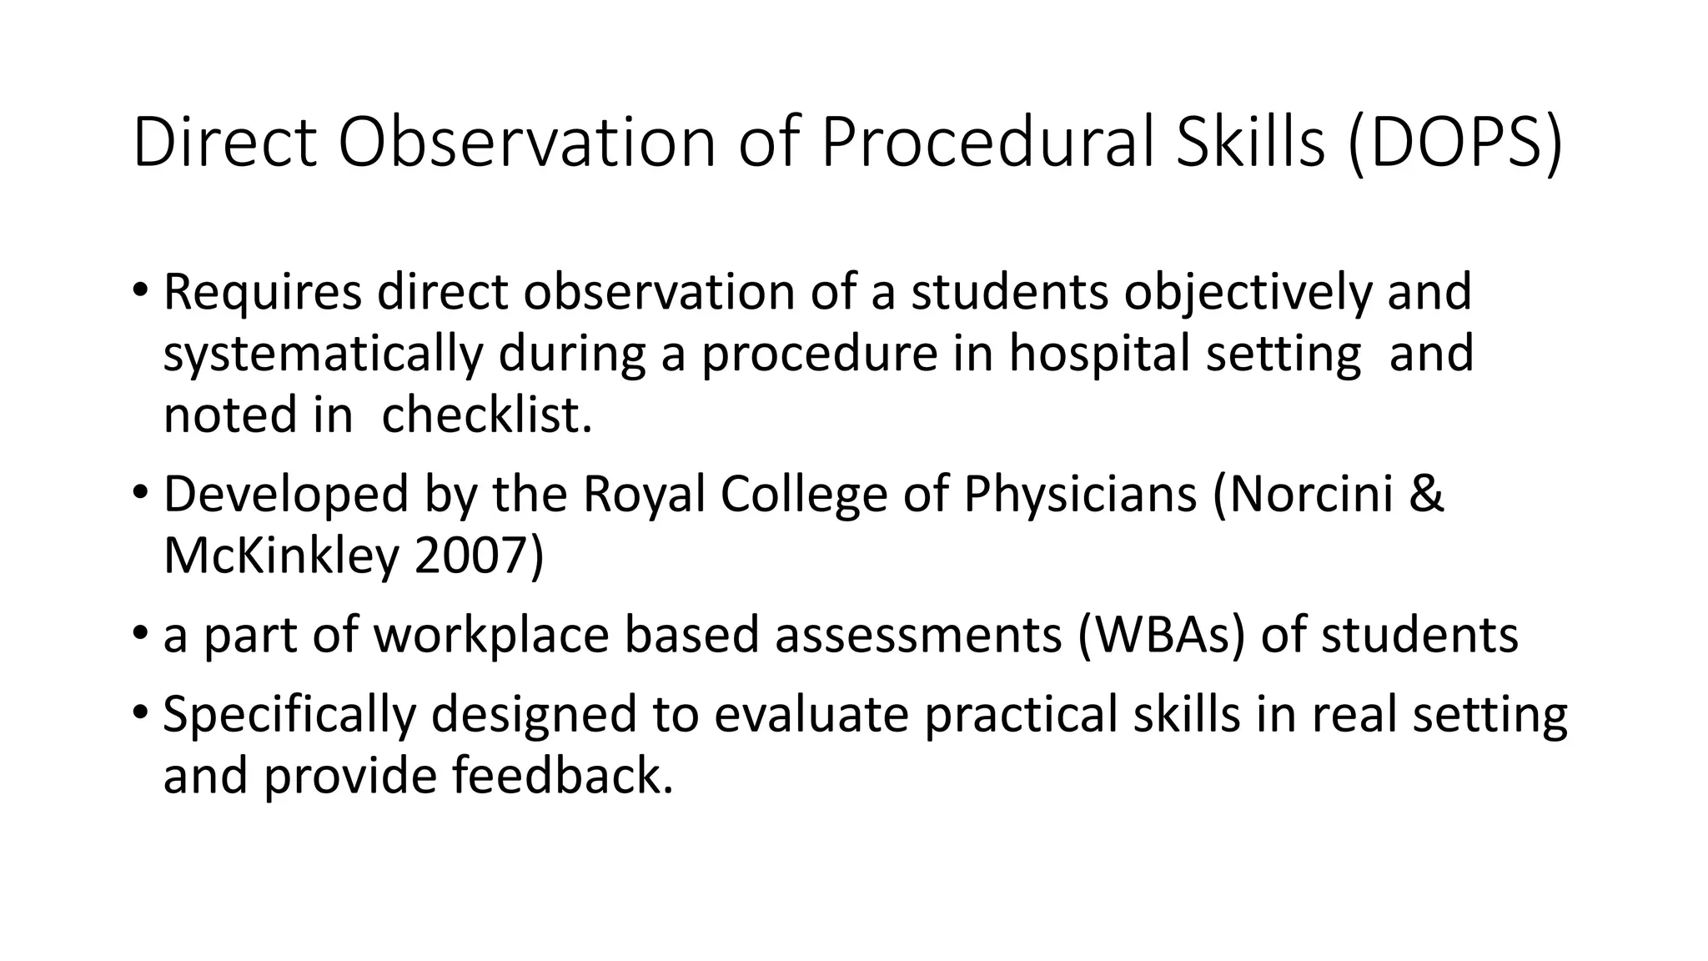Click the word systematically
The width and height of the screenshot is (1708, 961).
point(323,354)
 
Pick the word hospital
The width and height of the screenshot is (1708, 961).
point(1100,354)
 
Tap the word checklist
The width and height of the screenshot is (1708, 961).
point(486,415)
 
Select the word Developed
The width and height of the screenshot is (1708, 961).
point(286,494)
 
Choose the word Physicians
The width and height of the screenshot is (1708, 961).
point(1081,494)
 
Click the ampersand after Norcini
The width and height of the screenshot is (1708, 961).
point(1426,494)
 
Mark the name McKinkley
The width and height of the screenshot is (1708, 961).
point(281,556)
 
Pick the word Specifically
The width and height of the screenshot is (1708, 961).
point(289,714)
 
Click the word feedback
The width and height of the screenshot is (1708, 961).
point(562,776)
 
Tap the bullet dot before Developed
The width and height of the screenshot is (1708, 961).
point(140,492)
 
